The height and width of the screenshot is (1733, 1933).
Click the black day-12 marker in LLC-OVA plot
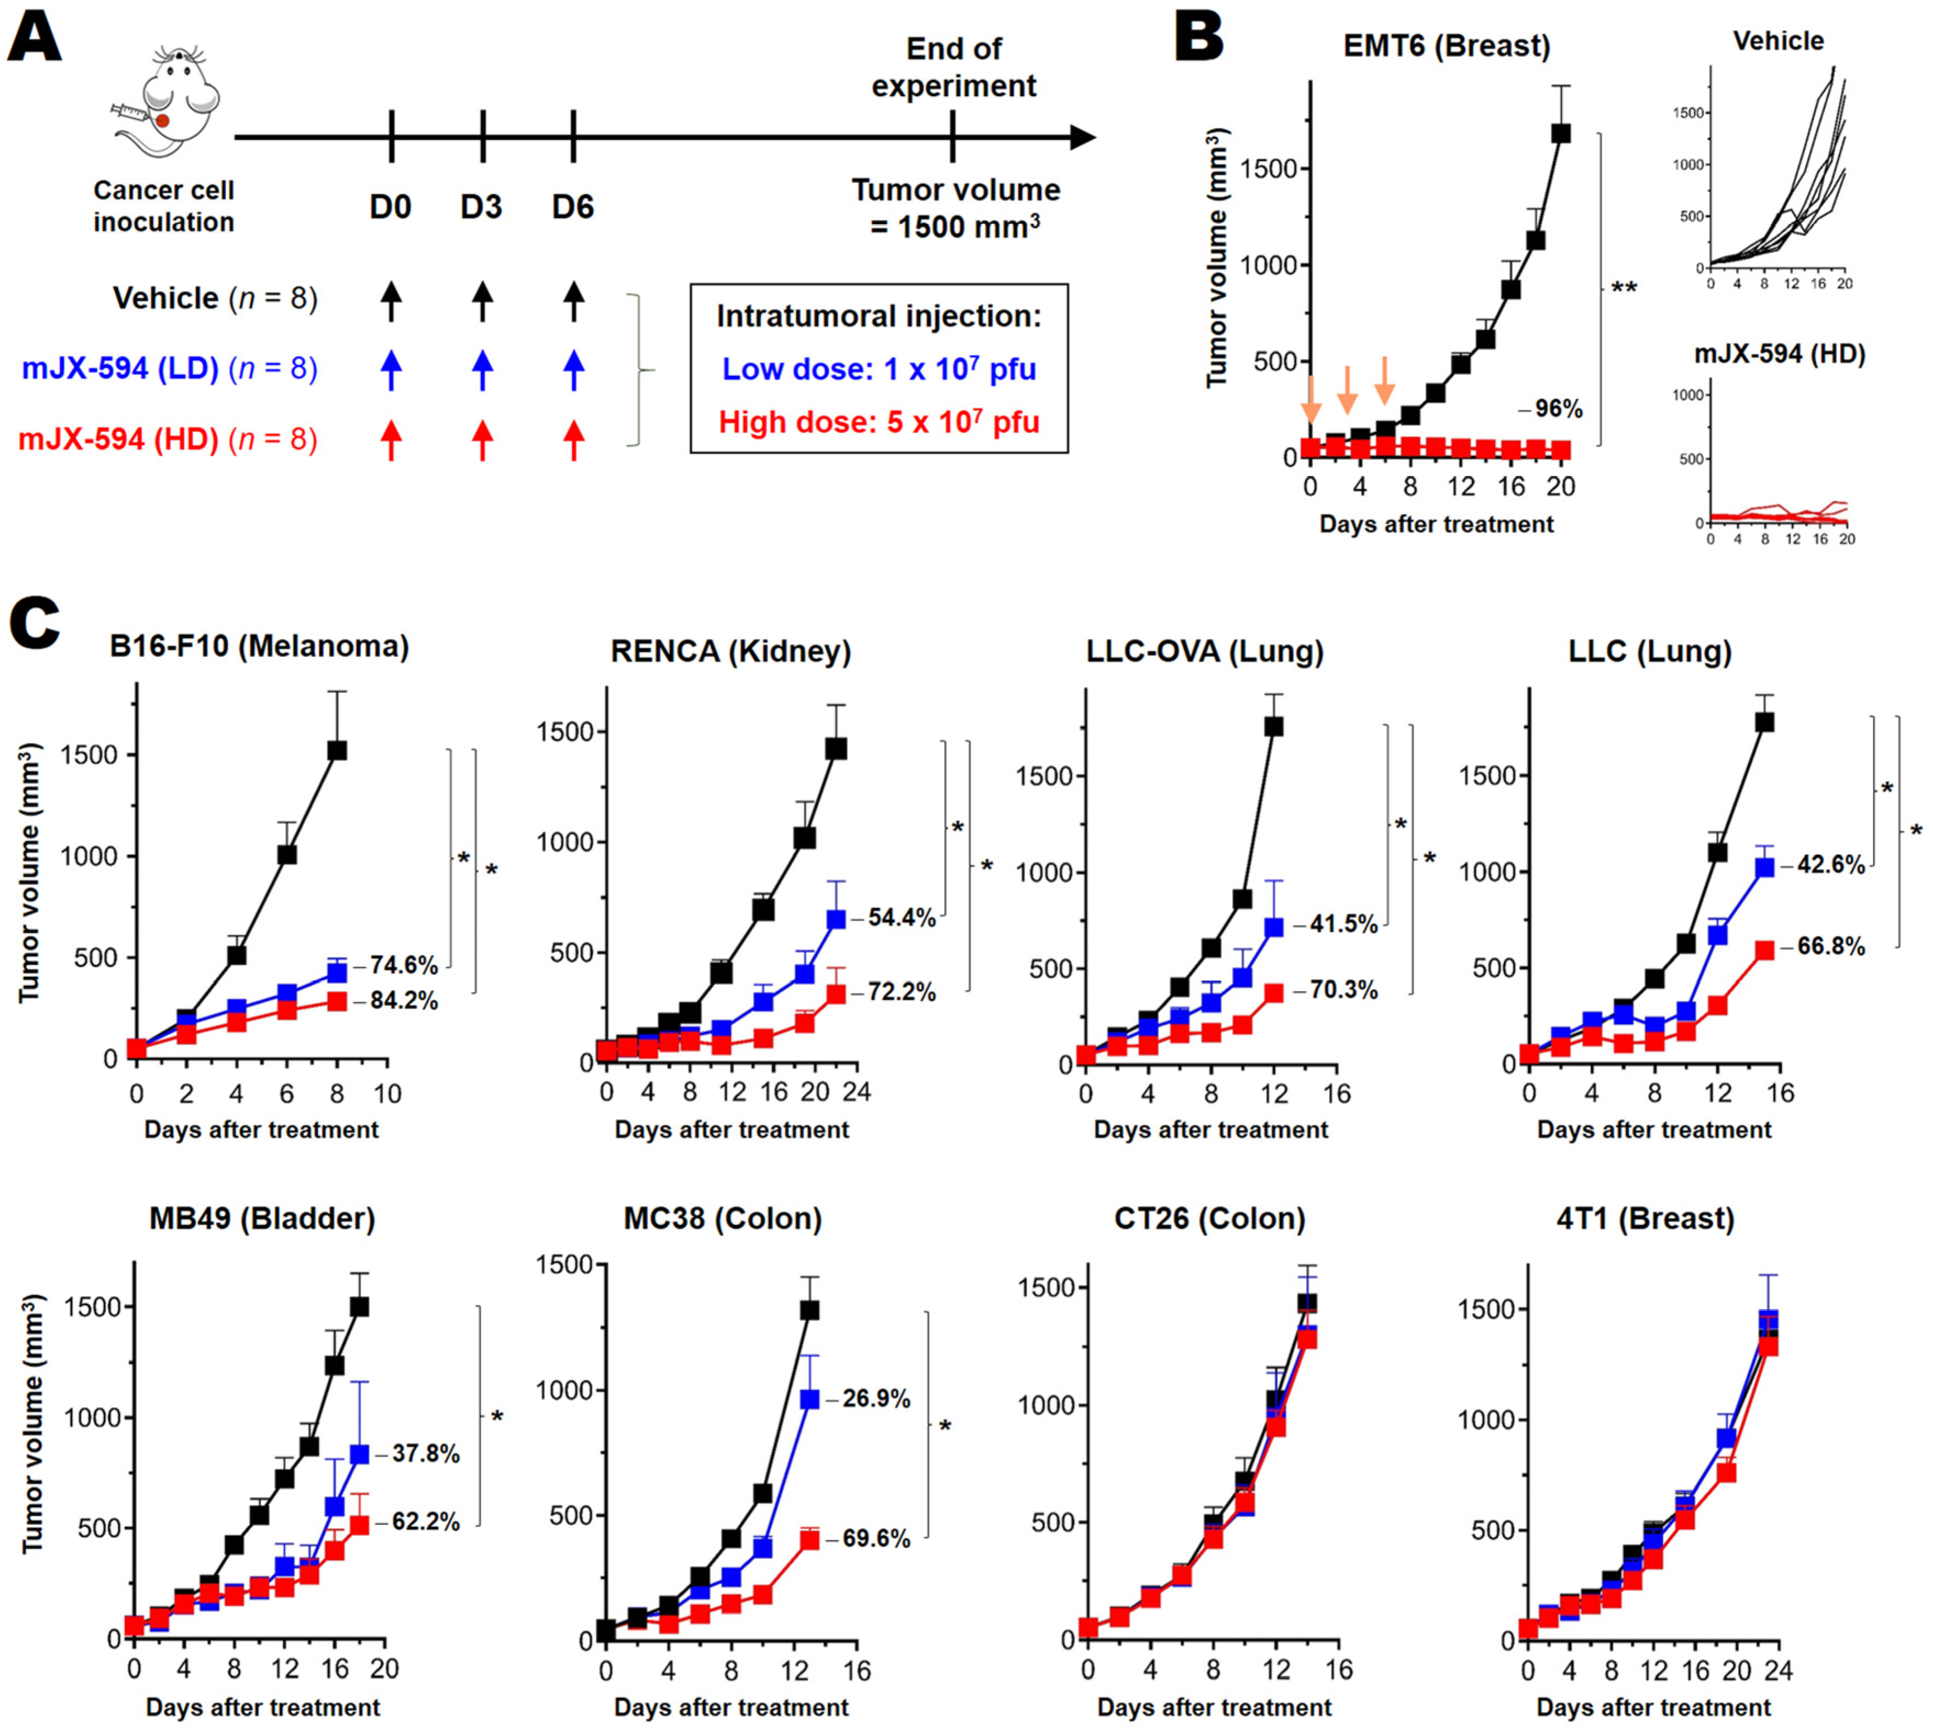[x=1273, y=726]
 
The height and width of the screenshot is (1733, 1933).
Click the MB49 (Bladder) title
[x=262, y=1219]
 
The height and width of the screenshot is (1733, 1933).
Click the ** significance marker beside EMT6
[x=1624, y=287]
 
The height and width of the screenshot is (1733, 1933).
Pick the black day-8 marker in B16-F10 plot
[x=336, y=751]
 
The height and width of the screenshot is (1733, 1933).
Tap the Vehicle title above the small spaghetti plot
[x=1778, y=41]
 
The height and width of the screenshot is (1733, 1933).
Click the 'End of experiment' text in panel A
[x=953, y=66]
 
